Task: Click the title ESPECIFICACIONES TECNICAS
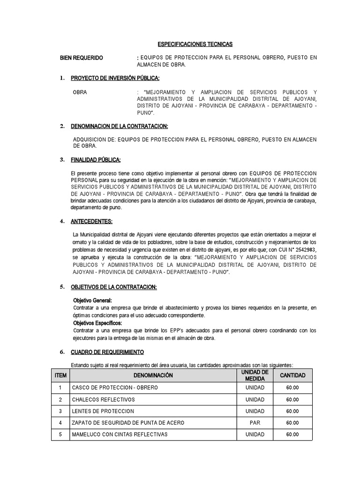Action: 195,44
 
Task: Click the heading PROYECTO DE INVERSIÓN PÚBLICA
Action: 115,78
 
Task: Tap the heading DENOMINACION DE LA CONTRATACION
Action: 119,127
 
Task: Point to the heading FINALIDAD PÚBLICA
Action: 96,160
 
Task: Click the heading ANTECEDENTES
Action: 91,221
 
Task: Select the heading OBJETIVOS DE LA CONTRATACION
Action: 113,286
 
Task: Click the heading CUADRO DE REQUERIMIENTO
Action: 107,352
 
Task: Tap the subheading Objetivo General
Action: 93,300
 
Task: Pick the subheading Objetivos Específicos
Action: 97,323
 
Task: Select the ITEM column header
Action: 60,375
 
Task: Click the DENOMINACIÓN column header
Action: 153,375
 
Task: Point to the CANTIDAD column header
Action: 292,375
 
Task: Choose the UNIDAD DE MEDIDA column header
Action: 255,375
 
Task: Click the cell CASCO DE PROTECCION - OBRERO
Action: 115,388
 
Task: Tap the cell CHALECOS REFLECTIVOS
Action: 103,399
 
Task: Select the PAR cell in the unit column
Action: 255,423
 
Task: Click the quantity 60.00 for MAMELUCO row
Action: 292,435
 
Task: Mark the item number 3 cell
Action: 60,411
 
